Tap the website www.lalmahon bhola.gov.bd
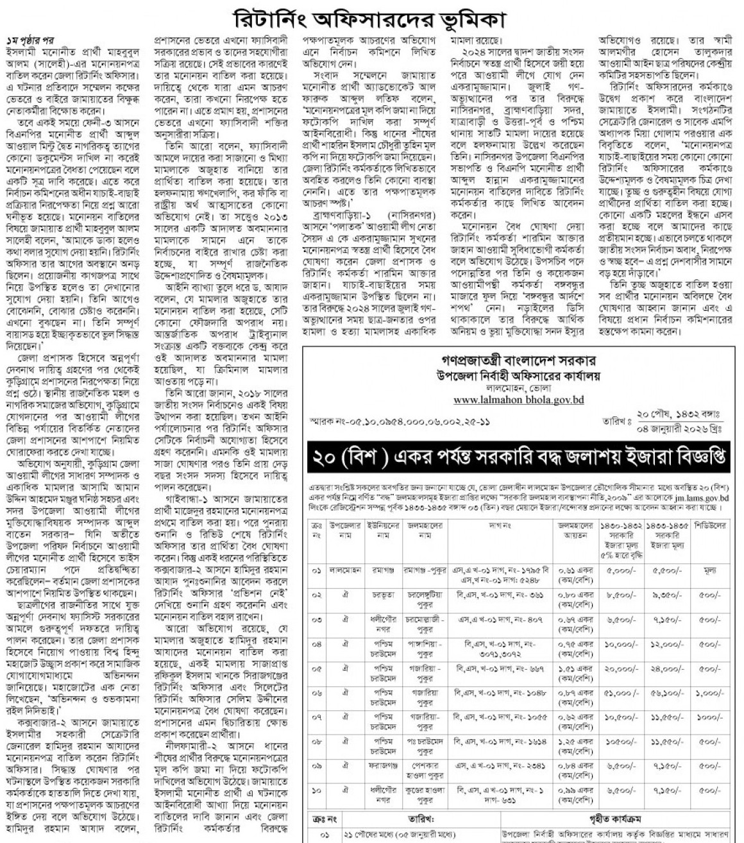(518, 399)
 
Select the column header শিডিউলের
(709, 525)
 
